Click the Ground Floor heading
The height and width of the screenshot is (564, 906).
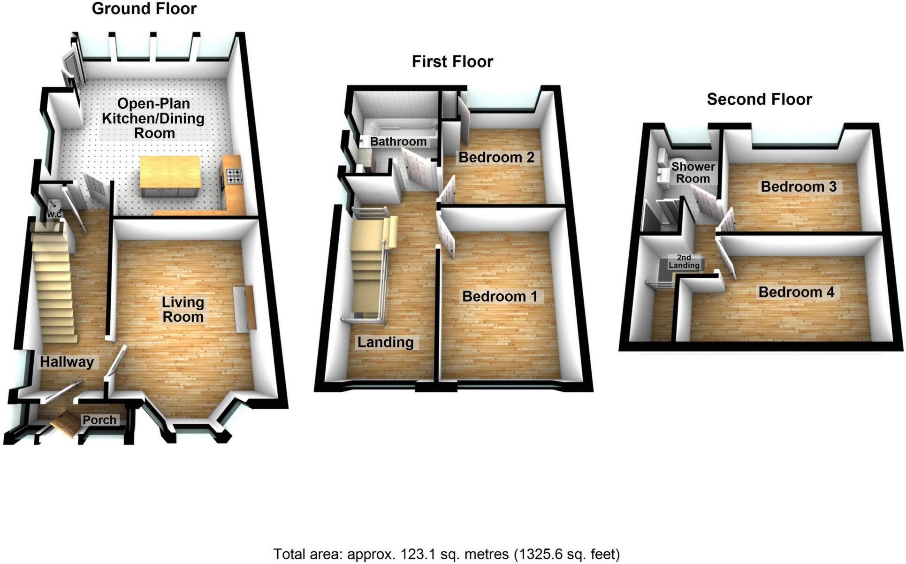(144, 9)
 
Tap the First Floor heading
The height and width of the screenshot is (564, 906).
(452, 61)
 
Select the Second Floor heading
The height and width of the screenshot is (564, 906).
(759, 99)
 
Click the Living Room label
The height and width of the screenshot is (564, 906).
(183, 310)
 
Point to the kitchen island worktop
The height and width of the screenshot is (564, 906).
(170, 171)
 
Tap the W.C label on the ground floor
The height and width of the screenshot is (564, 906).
(54, 214)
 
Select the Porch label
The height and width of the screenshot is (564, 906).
(99, 420)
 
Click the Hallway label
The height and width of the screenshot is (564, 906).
(67, 362)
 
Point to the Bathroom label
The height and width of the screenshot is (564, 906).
(398, 142)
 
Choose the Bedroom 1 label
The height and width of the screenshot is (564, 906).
(500, 297)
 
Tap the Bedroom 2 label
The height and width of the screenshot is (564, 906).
(496, 157)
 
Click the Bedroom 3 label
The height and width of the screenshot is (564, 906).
(799, 187)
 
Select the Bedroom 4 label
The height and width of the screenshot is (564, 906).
(796, 292)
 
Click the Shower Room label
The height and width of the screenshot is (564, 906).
(693, 173)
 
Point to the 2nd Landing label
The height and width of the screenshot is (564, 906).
(684, 261)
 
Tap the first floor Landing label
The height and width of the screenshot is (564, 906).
(386, 343)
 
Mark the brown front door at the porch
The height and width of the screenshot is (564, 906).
(65, 424)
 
